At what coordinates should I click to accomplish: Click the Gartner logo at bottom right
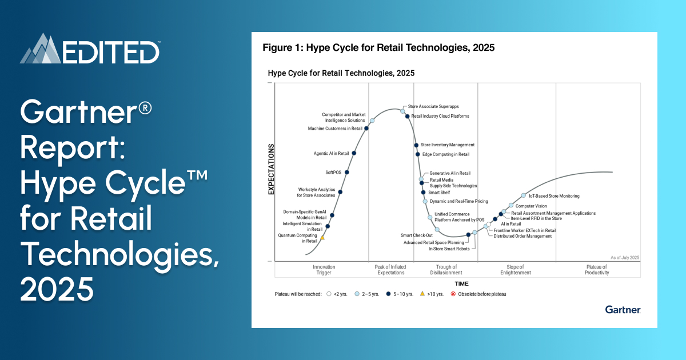tap(623, 310)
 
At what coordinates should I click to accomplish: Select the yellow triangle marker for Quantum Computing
tap(322, 238)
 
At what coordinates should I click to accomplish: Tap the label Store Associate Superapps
tap(433, 107)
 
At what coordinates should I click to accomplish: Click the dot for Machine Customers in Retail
tap(366, 129)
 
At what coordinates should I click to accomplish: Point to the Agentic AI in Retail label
tap(332, 153)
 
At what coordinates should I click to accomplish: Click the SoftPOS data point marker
tap(347, 172)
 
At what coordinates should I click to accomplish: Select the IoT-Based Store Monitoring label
tap(553, 196)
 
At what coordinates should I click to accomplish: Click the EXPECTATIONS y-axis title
tap(272, 170)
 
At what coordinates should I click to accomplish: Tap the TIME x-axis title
tap(461, 284)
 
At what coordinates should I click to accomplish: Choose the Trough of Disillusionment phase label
tap(446, 270)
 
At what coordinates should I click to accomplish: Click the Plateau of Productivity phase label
tap(597, 270)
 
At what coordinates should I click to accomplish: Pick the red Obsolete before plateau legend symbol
tap(453, 294)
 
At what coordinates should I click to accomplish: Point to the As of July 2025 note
tap(624, 258)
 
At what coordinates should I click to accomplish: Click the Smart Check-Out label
tap(416, 235)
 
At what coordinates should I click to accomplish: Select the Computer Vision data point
tap(511, 206)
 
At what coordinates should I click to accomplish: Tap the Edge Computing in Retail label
tap(445, 154)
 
